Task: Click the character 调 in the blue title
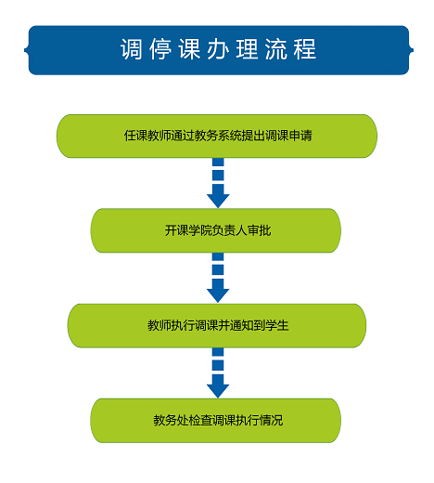point(132,49)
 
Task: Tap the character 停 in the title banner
point(160,49)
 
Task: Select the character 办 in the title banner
point(218,49)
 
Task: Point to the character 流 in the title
point(276,49)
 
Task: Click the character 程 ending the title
point(305,49)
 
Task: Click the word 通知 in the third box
point(241,325)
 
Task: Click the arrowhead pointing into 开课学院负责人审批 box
point(218,201)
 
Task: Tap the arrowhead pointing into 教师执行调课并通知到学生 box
point(218,295)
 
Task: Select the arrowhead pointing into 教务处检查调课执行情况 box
point(218,391)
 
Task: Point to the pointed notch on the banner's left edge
point(26,50)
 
